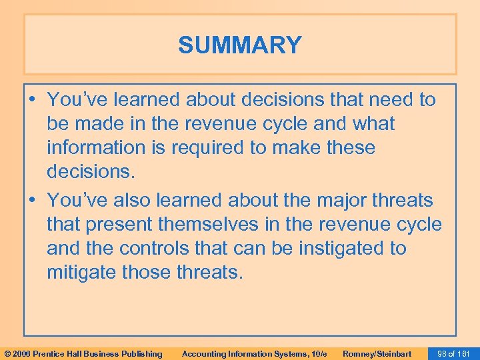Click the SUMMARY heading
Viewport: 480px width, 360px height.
click(239, 45)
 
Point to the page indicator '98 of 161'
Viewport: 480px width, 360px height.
click(452, 353)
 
